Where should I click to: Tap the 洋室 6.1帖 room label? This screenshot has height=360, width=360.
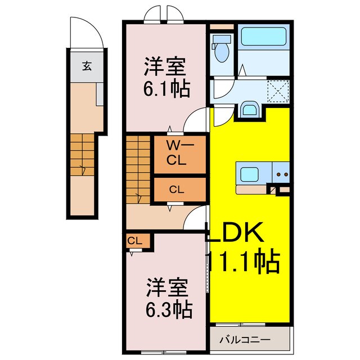click(x=166, y=77)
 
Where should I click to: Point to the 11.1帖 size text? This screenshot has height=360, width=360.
click(x=243, y=261)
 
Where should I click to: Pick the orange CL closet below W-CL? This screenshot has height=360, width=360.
click(x=176, y=190)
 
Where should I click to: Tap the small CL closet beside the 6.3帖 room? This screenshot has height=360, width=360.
click(x=136, y=241)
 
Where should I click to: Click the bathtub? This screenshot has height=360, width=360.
click(x=263, y=38)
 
